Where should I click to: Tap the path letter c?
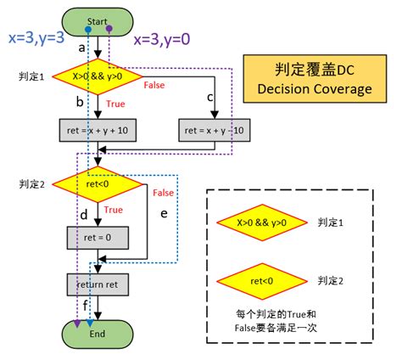(209, 96)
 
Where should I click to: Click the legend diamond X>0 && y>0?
(262, 223)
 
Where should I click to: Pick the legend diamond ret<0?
(262, 279)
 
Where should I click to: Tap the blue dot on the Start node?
(88, 29)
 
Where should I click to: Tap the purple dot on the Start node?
(109, 29)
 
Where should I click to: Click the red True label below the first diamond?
(116, 104)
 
